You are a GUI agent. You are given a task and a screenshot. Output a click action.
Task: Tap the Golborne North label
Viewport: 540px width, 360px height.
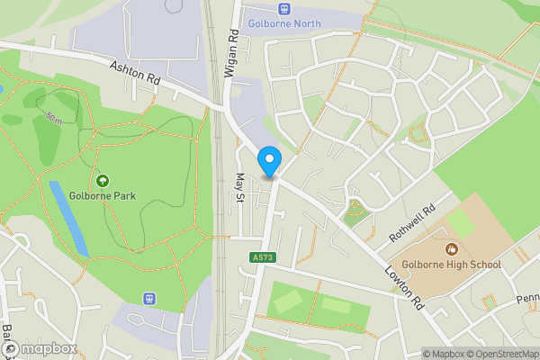[285, 23]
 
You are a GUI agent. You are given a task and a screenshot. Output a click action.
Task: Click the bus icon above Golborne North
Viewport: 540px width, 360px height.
[285, 8]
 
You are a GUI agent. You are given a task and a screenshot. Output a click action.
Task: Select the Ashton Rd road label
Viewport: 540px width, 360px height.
[135, 73]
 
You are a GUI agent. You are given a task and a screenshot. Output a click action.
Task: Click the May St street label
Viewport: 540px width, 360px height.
[239, 188]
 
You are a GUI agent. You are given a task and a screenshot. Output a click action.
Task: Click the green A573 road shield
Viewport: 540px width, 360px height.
[263, 258]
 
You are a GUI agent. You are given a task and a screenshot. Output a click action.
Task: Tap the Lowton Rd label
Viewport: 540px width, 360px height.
[403, 288]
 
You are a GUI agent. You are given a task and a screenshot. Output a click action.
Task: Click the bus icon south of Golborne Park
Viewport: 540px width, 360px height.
[149, 298]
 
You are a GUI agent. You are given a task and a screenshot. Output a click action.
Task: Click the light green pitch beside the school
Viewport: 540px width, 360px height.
[460, 222]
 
